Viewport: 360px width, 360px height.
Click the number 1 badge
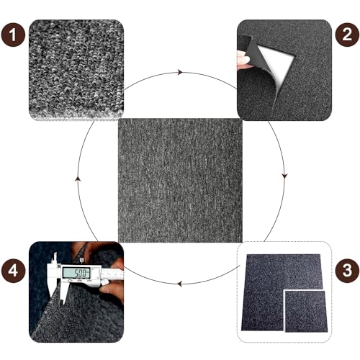[13, 35]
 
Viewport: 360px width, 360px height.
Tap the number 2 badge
[347, 35]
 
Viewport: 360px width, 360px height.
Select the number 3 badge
[347, 271]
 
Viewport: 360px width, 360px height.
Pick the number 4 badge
[13, 271]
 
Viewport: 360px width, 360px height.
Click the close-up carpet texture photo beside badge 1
[76, 70]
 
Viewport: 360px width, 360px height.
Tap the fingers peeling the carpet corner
[243, 59]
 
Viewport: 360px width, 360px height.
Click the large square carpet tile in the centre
[180, 180]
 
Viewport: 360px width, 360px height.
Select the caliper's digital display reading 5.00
[76, 273]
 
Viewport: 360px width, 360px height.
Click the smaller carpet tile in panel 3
[305, 311]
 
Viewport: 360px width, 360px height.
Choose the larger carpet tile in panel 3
[281, 292]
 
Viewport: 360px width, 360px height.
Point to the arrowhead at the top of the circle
[180, 72]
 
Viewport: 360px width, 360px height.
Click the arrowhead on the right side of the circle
[284, 176]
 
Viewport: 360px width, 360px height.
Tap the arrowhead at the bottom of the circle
[179, 284]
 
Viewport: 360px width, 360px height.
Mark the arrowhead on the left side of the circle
[78, 179]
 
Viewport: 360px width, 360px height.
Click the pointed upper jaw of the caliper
[55, 258]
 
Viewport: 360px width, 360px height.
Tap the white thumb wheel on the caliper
[104, 282]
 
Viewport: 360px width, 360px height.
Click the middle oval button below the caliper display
[79, 281]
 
